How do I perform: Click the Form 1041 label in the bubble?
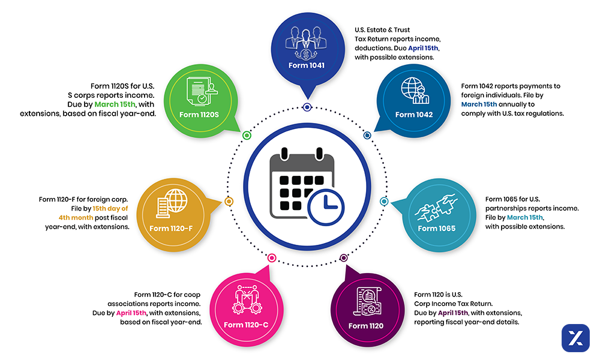306,65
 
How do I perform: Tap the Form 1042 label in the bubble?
414,114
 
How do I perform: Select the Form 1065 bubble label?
436,228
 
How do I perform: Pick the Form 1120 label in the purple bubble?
366,326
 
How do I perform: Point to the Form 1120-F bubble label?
171,228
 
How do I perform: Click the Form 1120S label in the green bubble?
201,114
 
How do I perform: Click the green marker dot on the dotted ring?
247,136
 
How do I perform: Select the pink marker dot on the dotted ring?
272,258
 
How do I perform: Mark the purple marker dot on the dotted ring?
344,258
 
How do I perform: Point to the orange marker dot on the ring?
228,202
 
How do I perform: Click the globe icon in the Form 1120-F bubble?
177,200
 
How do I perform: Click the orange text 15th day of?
106,208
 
